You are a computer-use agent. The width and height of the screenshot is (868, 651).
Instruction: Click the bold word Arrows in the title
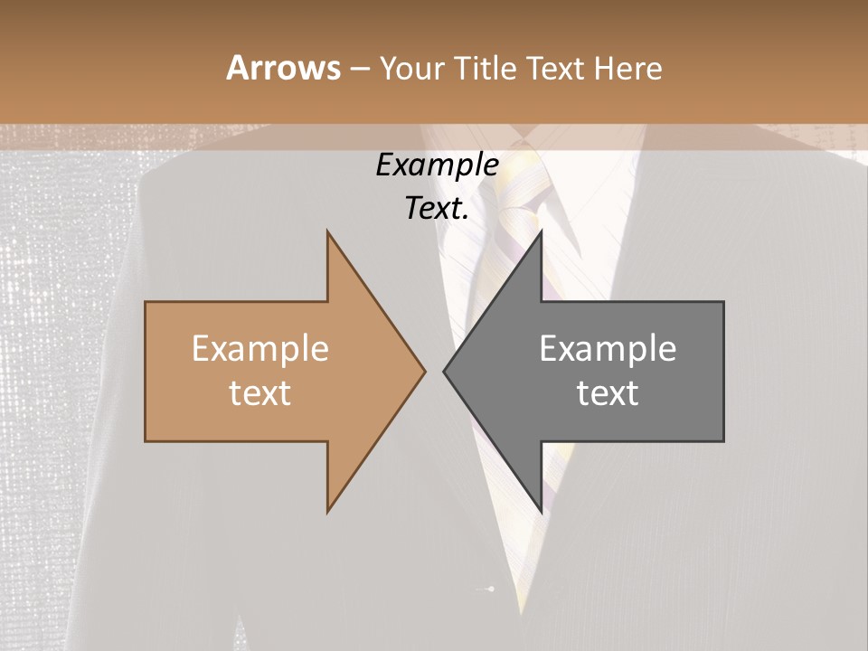pos(283,68)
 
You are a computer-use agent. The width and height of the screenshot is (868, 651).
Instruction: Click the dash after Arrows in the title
pos(359,69)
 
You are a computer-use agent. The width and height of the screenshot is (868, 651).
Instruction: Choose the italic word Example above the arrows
pos(437,165)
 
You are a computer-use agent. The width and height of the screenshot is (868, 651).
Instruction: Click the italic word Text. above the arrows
pos(437,208)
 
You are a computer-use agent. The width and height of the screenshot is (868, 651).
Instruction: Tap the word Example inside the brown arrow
pos(260,349)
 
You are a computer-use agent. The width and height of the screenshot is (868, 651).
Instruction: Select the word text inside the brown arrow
pos(260,393)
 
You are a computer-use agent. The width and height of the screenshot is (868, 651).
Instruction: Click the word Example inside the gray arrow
pos(608,349)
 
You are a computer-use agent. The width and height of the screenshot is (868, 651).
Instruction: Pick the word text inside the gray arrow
pos(608,393)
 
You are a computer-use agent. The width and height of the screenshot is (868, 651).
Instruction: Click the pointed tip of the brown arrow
pos(425,371)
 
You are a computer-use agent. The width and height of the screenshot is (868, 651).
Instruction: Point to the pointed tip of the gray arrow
pos(443,371)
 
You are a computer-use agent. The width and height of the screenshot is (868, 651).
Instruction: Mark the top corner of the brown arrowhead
pos(327,231)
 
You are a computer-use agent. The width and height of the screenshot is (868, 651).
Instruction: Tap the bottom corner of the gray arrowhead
pos(541,512)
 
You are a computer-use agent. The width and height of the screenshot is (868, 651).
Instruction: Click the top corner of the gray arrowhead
pos(541,231)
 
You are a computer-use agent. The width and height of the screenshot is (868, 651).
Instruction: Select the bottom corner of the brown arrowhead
pos(327,512)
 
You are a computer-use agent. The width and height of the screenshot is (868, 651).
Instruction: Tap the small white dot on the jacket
pos(492,590)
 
